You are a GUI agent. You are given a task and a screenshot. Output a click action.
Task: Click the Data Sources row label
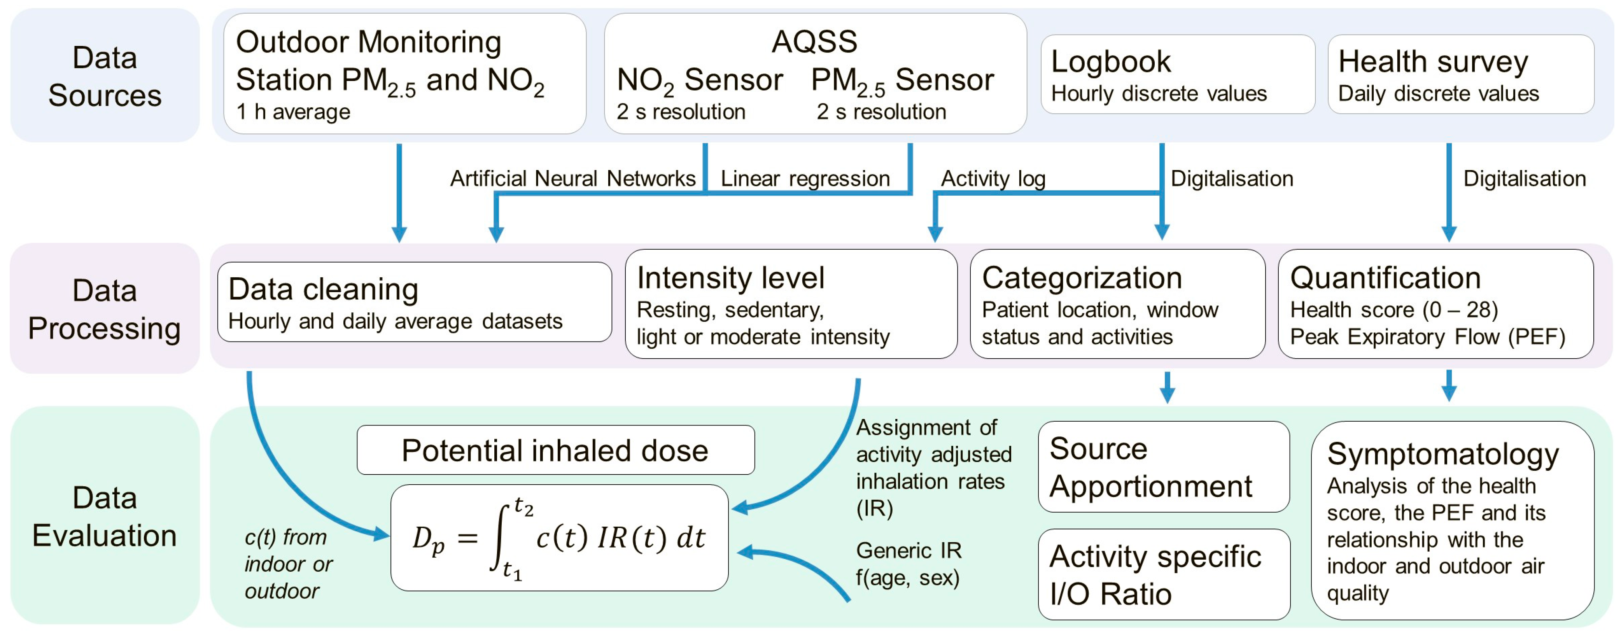coord(105,76)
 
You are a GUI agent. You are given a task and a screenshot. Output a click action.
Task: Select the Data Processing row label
coord(105,309)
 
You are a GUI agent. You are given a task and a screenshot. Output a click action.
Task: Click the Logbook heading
coord(1111,62)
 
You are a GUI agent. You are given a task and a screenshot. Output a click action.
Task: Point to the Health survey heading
coord(1433,62)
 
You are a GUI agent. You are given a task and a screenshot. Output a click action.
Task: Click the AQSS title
coord(814,42)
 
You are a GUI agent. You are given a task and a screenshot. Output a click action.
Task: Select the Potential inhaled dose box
coord(555,450)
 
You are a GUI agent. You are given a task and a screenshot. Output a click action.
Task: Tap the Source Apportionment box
coord(1163,467)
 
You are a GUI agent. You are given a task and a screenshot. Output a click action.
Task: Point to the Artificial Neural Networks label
coord(572,179)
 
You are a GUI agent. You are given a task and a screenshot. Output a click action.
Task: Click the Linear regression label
coord(805,179)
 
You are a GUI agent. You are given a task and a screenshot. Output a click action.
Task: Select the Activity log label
coord(993,179)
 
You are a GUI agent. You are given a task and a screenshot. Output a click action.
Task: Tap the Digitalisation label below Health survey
coord(1524,179)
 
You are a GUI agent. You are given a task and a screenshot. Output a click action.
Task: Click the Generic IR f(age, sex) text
coord(908,564)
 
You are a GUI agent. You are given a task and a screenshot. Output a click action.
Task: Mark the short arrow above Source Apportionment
coord(1167,387)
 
